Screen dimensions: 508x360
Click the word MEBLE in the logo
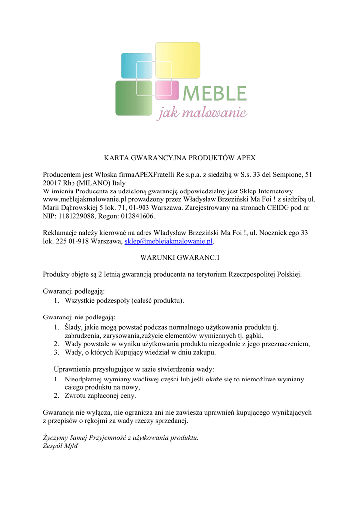215,93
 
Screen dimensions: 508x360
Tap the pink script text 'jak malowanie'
202,114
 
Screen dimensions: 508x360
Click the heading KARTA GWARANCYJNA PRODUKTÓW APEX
179,158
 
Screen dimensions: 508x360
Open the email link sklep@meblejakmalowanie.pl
168,241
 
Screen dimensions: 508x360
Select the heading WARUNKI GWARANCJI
179,257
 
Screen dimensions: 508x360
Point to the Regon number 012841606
134,216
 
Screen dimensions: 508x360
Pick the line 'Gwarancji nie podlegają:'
79,317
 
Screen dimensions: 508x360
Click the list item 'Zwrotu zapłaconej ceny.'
100,396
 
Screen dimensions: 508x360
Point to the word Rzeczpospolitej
254,274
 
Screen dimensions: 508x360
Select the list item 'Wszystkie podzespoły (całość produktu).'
124,300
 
